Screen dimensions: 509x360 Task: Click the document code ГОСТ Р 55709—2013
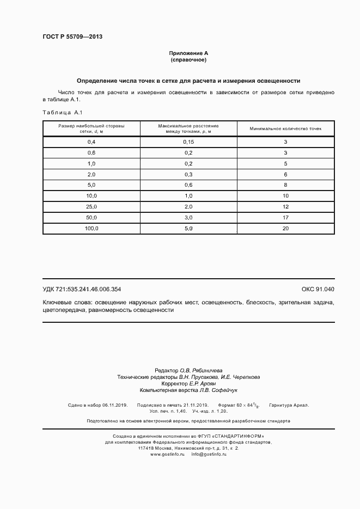[x=72, y=37]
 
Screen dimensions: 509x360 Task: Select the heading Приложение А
[x=188, y=53]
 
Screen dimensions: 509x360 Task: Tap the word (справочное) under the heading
[x=188, y=60]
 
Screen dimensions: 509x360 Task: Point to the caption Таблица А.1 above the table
[x=62, y=113]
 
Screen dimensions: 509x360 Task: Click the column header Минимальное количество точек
[x=285, y=129]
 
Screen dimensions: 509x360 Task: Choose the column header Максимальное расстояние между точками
[x=188, y=129]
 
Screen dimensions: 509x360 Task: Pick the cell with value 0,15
[x=188, y=142]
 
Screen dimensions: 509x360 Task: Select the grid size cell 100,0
[x=91, y=229]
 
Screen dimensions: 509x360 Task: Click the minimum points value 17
[x=285, y=218]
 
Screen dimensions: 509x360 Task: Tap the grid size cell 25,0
[x=91, y=207]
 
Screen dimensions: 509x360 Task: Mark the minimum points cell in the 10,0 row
[x=285, y=196]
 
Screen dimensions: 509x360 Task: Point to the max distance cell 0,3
[x=188, y=175]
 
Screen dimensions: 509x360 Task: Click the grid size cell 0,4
[x=91, y=142]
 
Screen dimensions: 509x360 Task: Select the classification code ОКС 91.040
[x=318, y=289]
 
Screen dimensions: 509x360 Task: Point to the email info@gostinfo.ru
[x=209, y=453]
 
